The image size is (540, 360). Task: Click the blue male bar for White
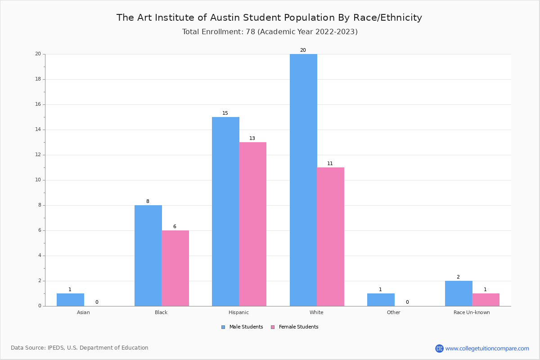(x=303, y=180)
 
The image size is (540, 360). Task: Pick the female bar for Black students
(x=175, y=268)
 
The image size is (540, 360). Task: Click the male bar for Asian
(x=70, y=300)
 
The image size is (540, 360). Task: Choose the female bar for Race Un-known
(x=486, y=300)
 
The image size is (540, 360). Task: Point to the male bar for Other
(x=381, y=300)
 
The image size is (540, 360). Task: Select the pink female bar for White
(x=330, y=237)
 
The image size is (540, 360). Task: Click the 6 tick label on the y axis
(x=39, y=230)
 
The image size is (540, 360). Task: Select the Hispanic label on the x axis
(x=238, y=312)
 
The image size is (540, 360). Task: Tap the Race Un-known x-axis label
(x=472, y=312)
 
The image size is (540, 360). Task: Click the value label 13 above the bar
(x=252, y=139)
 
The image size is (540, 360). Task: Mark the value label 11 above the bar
(x=330, y=164)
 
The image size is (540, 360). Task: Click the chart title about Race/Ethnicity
(x=269, y=18)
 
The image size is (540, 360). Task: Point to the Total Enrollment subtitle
(x=270, y=32)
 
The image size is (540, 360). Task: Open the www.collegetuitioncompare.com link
(x=487, y=348)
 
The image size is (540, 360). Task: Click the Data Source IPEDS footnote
(x=80, y=348)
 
